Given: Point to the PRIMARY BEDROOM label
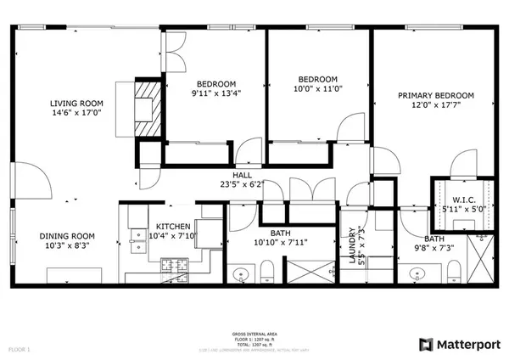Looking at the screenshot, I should click(436, 96).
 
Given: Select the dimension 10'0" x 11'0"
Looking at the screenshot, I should click(316, 87).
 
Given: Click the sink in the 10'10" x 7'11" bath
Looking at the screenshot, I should click(243, 274).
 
